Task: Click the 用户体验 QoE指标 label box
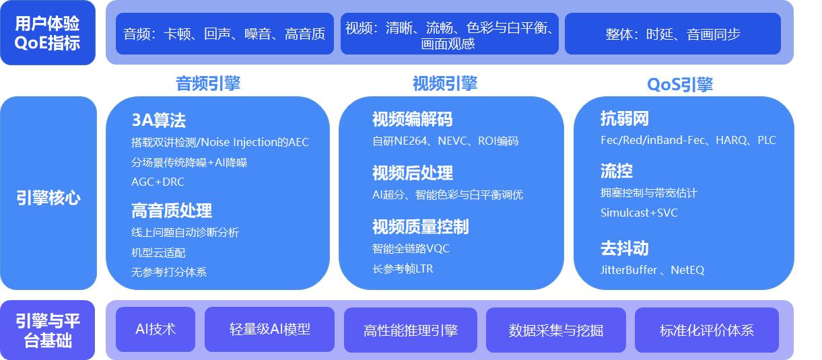[x=48, y=33]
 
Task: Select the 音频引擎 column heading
[x=208, y=83]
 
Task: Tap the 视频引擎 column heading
[x=445, y=83]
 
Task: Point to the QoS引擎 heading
[x=680, y=84]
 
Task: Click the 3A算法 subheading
[x=158, y=120]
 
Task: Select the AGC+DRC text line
[x=158, y=182]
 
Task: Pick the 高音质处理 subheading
[x=172, y=211]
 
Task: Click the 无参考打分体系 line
[x=169, y=272]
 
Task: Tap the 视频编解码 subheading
[x=412, y=119]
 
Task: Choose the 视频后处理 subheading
[x=413, y=173]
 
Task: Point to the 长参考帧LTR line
[x=403, y=269]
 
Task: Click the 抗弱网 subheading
[x=625, y=118]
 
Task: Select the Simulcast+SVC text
[x=639, y=213]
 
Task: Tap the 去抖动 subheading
[x=625, y=248]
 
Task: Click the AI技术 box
[x=156, y=329]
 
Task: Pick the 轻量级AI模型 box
[x=270, y=329]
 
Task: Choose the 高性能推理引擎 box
[x=411, y=330]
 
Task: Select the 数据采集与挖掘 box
[x=556, y=330]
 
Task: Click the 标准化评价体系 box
[x=707, y=330]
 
